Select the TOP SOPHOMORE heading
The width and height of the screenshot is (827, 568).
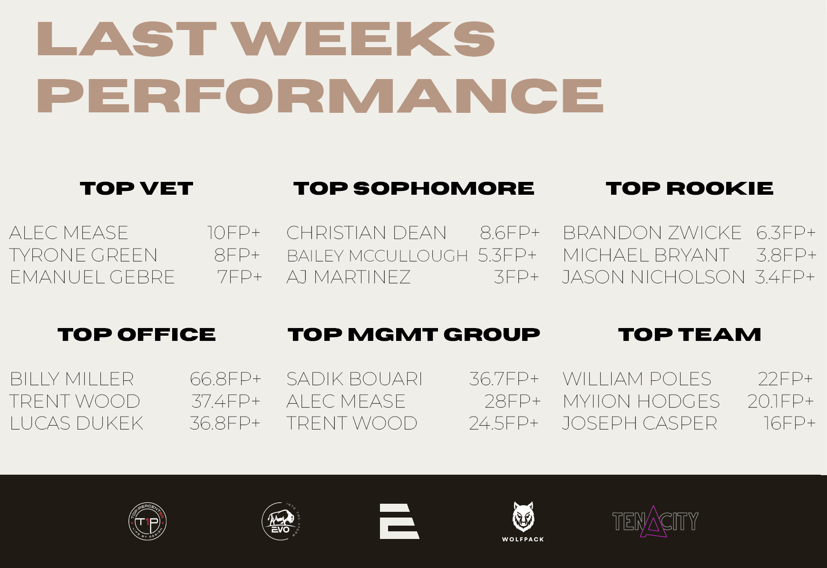tap(414, 189)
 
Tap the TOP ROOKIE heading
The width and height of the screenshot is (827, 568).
tap(690, 189)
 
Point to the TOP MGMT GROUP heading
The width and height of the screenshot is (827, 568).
tap(414, 335)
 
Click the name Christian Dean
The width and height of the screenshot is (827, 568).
tap(367, 233)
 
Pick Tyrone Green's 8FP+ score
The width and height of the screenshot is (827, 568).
tap(237, 255)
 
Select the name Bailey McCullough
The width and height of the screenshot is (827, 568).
tap(377, 256)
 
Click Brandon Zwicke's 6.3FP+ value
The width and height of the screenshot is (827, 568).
tap(786, 233)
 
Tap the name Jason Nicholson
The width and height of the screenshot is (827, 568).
tap(653, 277)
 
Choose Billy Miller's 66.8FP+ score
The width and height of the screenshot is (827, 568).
tap(225, 379)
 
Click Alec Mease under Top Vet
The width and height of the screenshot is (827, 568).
tap(69, 233)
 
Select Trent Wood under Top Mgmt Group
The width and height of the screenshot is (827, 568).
tap(352, 423)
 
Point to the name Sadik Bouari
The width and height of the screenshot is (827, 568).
tap(355, 379)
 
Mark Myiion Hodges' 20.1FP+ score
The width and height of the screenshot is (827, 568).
tap(780, 401)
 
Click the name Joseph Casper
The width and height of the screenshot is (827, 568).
tap(640, 423)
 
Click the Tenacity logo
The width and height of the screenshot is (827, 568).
tap(655, 521)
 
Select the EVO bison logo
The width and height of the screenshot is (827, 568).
tap(281, 521)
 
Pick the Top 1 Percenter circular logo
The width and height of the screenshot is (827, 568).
tap(147, 522)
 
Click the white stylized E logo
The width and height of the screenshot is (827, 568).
tap(399, 521)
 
